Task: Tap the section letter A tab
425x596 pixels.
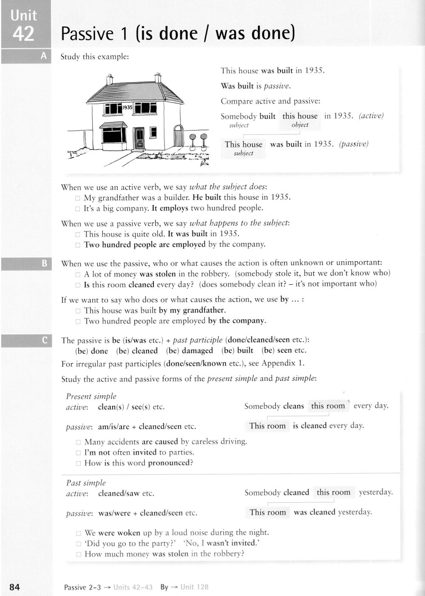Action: tap(43, 56)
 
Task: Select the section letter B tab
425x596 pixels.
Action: tap(44, 264)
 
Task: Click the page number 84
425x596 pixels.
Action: tap(14, 587)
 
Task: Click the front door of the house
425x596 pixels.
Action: tap(139, 138)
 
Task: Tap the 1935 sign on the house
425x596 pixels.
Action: tap(127, 108)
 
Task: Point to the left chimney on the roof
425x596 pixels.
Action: tap(110, 79)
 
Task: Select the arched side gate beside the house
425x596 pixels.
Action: tap(178, 136)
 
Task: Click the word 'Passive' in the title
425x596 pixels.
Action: tap(87, 34)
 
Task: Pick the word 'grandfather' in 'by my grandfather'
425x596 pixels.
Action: tap(204, 310)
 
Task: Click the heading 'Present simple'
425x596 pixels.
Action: tap(91, 396)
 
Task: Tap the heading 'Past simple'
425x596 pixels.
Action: tap(86, 483)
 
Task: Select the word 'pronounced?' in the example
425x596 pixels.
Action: tap(170, 463)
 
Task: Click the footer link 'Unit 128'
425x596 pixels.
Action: tap(194, 587)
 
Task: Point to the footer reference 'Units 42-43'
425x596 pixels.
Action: tap(133, 587)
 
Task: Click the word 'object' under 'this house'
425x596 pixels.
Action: tap(300, 125)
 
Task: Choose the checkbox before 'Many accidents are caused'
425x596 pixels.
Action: tap(78, 442)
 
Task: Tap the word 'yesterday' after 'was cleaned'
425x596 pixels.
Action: tap(354, 512)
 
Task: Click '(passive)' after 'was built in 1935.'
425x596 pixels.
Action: tap(354, 144)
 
